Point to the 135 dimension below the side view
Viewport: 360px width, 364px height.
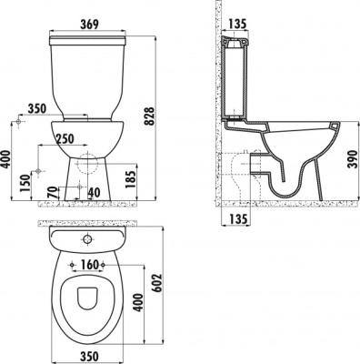(x=237, y=218)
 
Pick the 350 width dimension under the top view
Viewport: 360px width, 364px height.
(x=88, y=354)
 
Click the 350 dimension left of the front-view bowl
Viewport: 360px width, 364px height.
(x=36, y=108)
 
